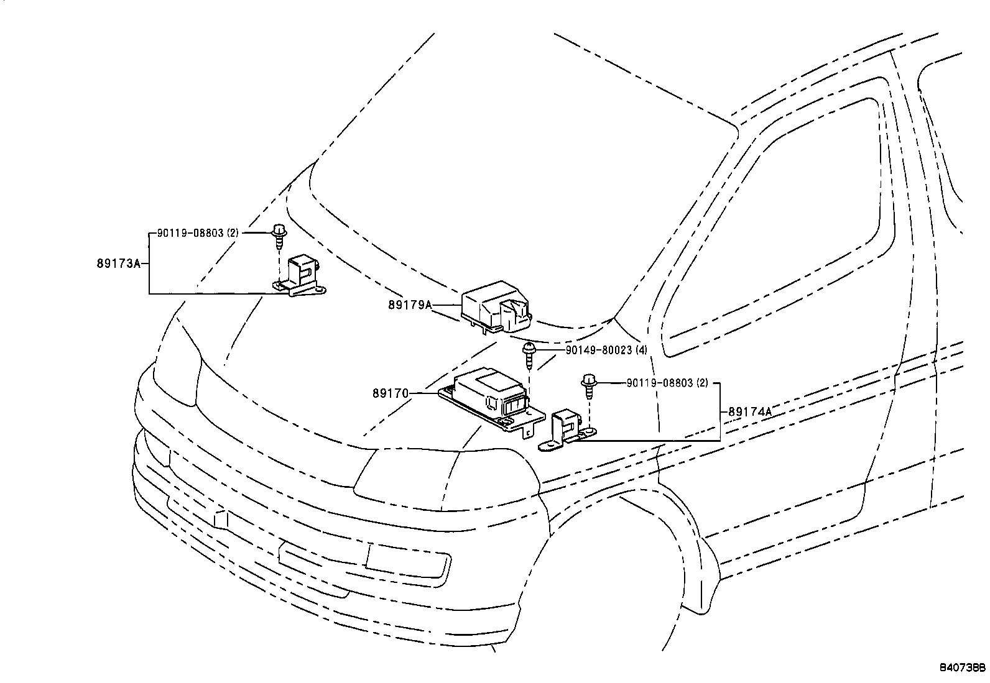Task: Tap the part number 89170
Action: point(391,393)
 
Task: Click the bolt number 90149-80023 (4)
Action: point(606,351)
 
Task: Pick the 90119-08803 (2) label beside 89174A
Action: point(667,383)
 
